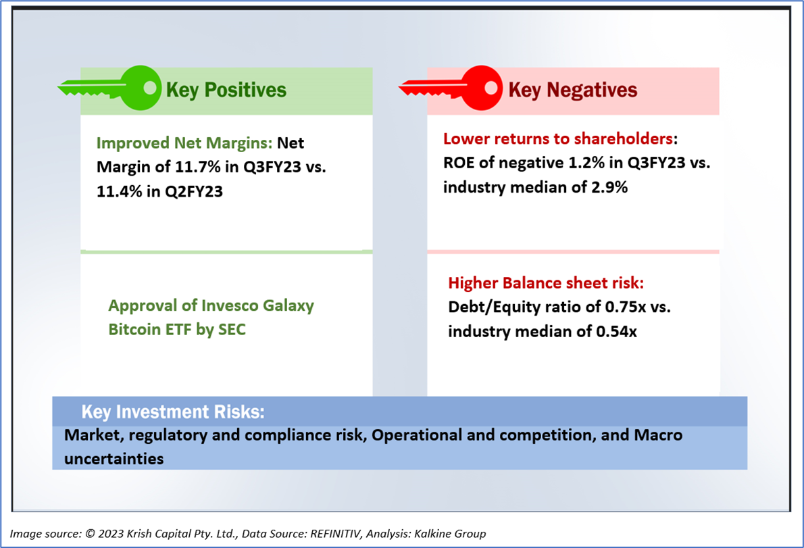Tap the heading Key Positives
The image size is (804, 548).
click(226, 90)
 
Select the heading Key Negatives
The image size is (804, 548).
click(572, 90)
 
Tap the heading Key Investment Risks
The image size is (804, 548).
click(172, 412)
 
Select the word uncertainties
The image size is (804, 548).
click(114, 459)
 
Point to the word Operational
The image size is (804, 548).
click(416, 435)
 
